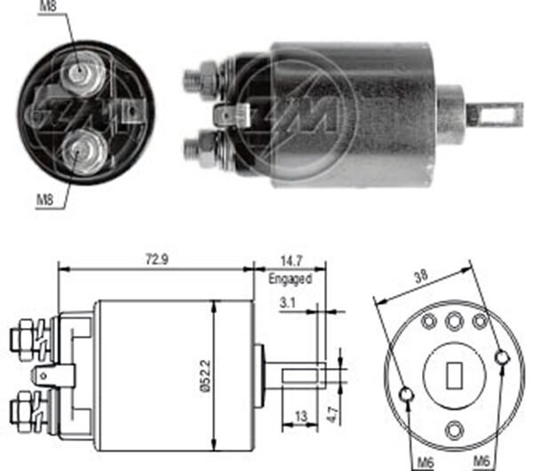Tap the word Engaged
coord(290,278)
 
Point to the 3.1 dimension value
coord(288,304)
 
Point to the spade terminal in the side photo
coord(238,114)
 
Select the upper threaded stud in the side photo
coord(201,79)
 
